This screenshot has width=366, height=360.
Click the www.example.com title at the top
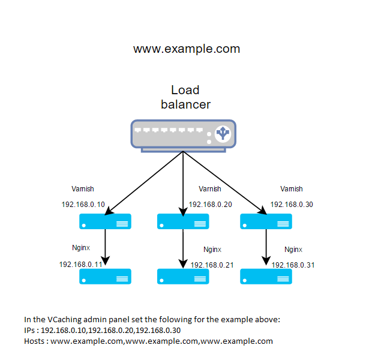point(186,49)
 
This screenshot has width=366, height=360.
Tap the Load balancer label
point(185,97)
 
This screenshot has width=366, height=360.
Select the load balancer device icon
point(184,134)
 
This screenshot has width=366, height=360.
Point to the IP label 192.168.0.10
point(83,205)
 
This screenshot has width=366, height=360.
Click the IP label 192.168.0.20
point(211,205)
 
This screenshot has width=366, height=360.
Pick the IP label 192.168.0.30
point(292,205)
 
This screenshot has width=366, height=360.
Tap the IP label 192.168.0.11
point(80,264)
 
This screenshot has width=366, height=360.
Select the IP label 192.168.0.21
point(212,265)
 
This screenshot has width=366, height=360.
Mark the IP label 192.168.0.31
point(293,265)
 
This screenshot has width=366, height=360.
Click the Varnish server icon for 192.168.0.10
point(106,221)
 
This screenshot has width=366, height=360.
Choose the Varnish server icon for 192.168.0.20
point(182,221)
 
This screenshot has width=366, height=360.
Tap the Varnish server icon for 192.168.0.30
point(265,221)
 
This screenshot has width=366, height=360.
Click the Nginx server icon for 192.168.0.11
point(106,276)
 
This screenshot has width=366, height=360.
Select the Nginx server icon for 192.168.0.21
point(182,276)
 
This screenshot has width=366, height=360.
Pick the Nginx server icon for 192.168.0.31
point(265,276)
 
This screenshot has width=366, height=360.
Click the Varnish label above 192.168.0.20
point(210,189)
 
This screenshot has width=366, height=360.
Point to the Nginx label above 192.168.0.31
point(293,249)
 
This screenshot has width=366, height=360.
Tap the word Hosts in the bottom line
point(35,341)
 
